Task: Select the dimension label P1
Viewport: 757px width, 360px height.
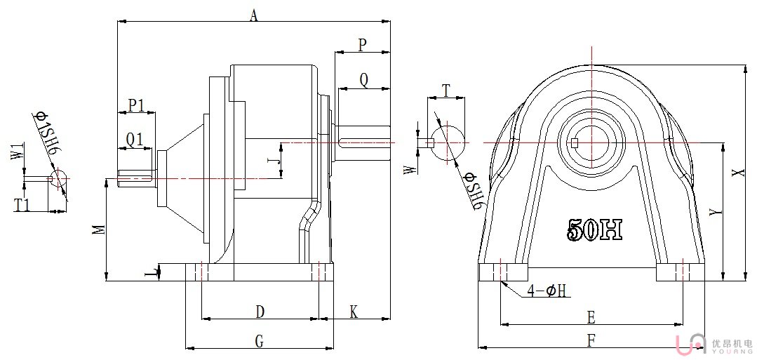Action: [136, 106]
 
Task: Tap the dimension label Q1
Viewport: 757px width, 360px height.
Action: [135, 140]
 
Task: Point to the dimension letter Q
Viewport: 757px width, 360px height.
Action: [363, 80]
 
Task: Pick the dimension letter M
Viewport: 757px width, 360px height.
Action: [100, 230]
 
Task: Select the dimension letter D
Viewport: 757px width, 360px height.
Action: [259, 310]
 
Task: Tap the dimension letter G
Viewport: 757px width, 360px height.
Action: [258, 341]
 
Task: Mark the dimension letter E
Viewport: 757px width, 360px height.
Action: [591, 318]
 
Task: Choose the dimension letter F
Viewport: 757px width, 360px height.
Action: [591, 340]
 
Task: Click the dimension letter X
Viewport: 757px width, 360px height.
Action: [735, 173]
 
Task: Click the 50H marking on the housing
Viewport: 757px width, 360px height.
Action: [594, 229]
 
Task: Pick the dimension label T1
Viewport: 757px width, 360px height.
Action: [22, 205]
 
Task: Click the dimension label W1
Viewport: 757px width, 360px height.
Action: [18, 152]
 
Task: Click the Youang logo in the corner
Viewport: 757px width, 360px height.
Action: [709, 343]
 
